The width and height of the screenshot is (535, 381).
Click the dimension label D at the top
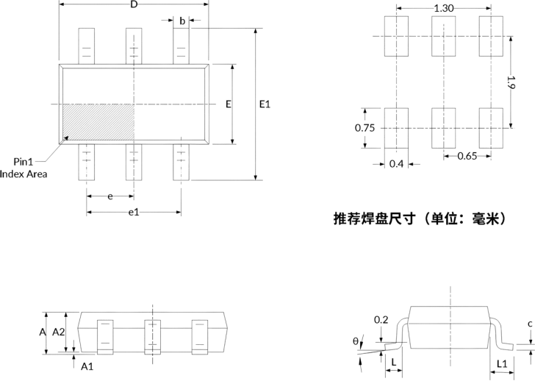(x=134, y=4)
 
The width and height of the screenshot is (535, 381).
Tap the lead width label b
(x=182, y=21)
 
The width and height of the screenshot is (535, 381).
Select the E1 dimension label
(x=265, y=104)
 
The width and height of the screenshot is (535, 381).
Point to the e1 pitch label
(x=134, y=213)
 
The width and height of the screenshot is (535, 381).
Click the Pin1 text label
(x=24, y=162)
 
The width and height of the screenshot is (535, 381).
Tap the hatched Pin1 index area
(x=98, y=122)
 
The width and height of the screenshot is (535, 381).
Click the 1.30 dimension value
(x=444, y=8)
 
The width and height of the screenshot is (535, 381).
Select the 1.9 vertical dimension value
(x=511, y=82)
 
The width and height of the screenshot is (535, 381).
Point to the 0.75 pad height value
(x=365, y=128)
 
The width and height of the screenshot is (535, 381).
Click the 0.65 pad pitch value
(x=467, y=156)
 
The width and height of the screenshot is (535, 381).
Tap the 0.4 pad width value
(x=397, y=164)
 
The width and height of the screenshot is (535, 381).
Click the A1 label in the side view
(x=87, y=367)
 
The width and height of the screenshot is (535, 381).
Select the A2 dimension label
(x=58, y=332)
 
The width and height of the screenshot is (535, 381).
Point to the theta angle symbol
(x=356, y=341)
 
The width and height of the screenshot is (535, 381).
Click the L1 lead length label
(x=502, y=364)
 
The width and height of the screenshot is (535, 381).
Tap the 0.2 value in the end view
(x=381, y=320)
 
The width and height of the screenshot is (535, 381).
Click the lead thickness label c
(x=530, y=324)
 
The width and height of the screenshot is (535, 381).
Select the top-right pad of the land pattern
(x=491, y=36)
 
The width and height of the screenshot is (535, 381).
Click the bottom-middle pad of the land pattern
(x=444, y=129)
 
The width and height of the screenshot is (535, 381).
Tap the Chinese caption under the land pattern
(x=420, y=218)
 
